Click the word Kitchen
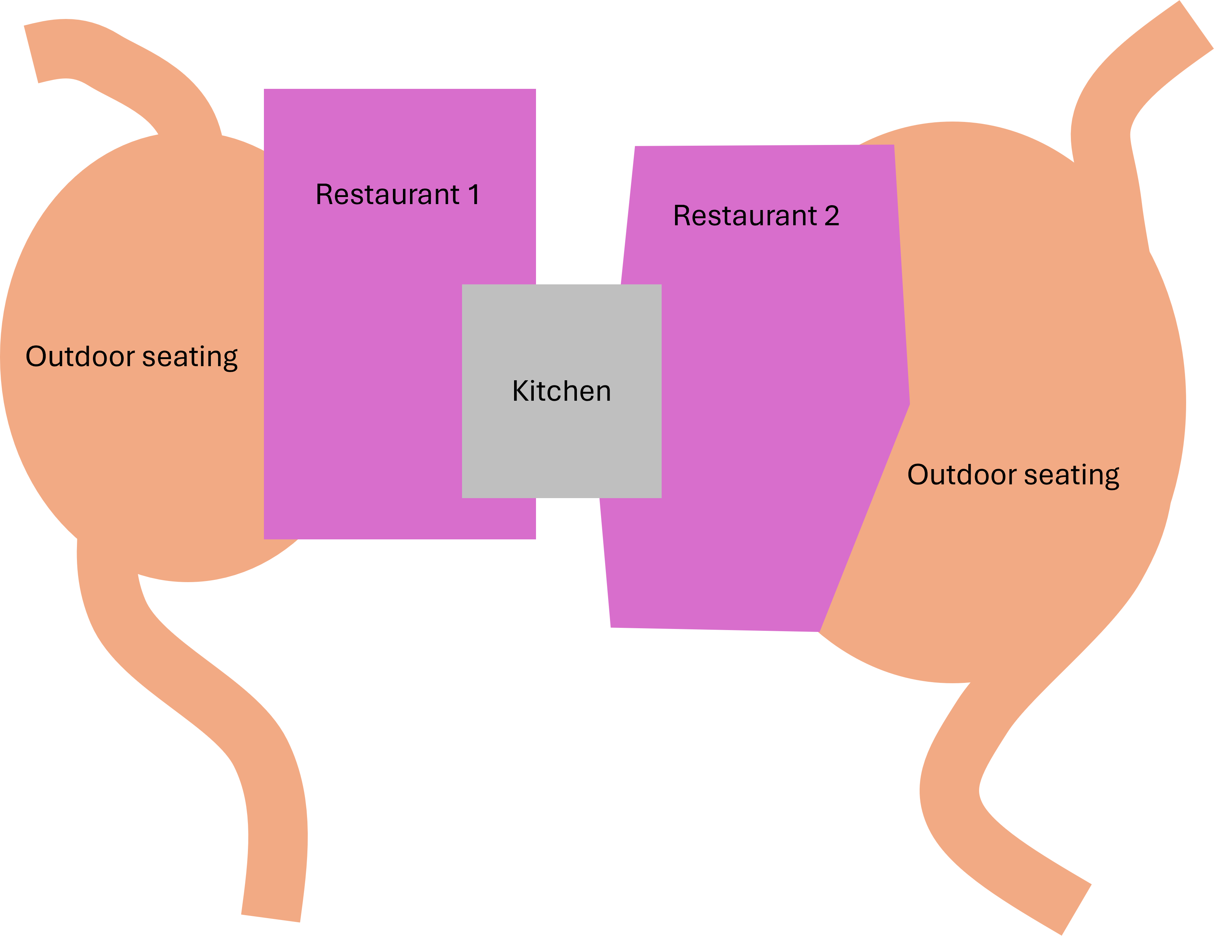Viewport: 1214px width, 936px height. pos(561,391)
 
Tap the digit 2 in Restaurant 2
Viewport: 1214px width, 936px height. pos(832,216)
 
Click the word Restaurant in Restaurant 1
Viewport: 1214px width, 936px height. pos(387,194)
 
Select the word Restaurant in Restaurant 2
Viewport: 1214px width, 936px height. pos(745,216)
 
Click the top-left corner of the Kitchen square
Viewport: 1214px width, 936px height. pos(462,285)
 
